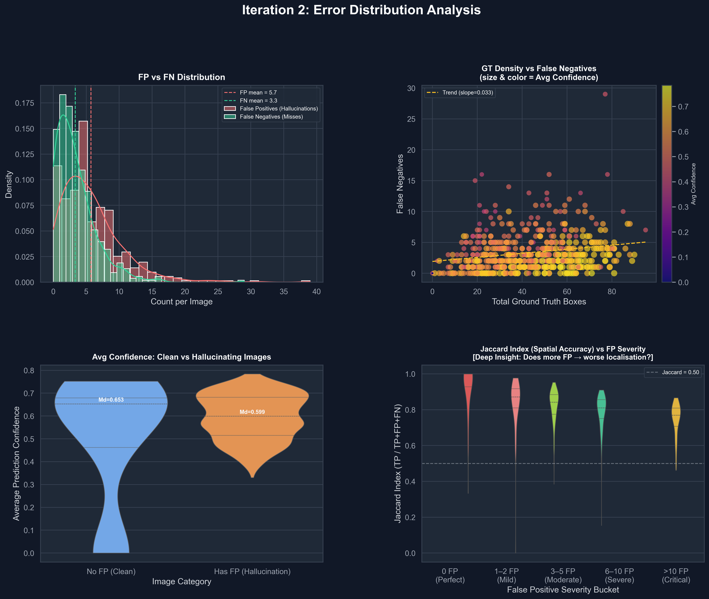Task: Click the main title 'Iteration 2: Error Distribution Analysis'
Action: click(361, 10)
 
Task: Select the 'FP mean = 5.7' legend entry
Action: click(258, 92)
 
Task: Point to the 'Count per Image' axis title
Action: click(181, 301)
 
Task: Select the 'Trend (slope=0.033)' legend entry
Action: click(467, 92)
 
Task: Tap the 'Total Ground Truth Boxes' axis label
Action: click(539, 301)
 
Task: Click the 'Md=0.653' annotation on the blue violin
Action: click(111, 400)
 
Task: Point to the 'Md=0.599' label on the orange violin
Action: click(252, 412)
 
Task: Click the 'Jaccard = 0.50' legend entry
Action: click(680, 372)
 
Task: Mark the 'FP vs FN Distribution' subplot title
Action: click(181, 77)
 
